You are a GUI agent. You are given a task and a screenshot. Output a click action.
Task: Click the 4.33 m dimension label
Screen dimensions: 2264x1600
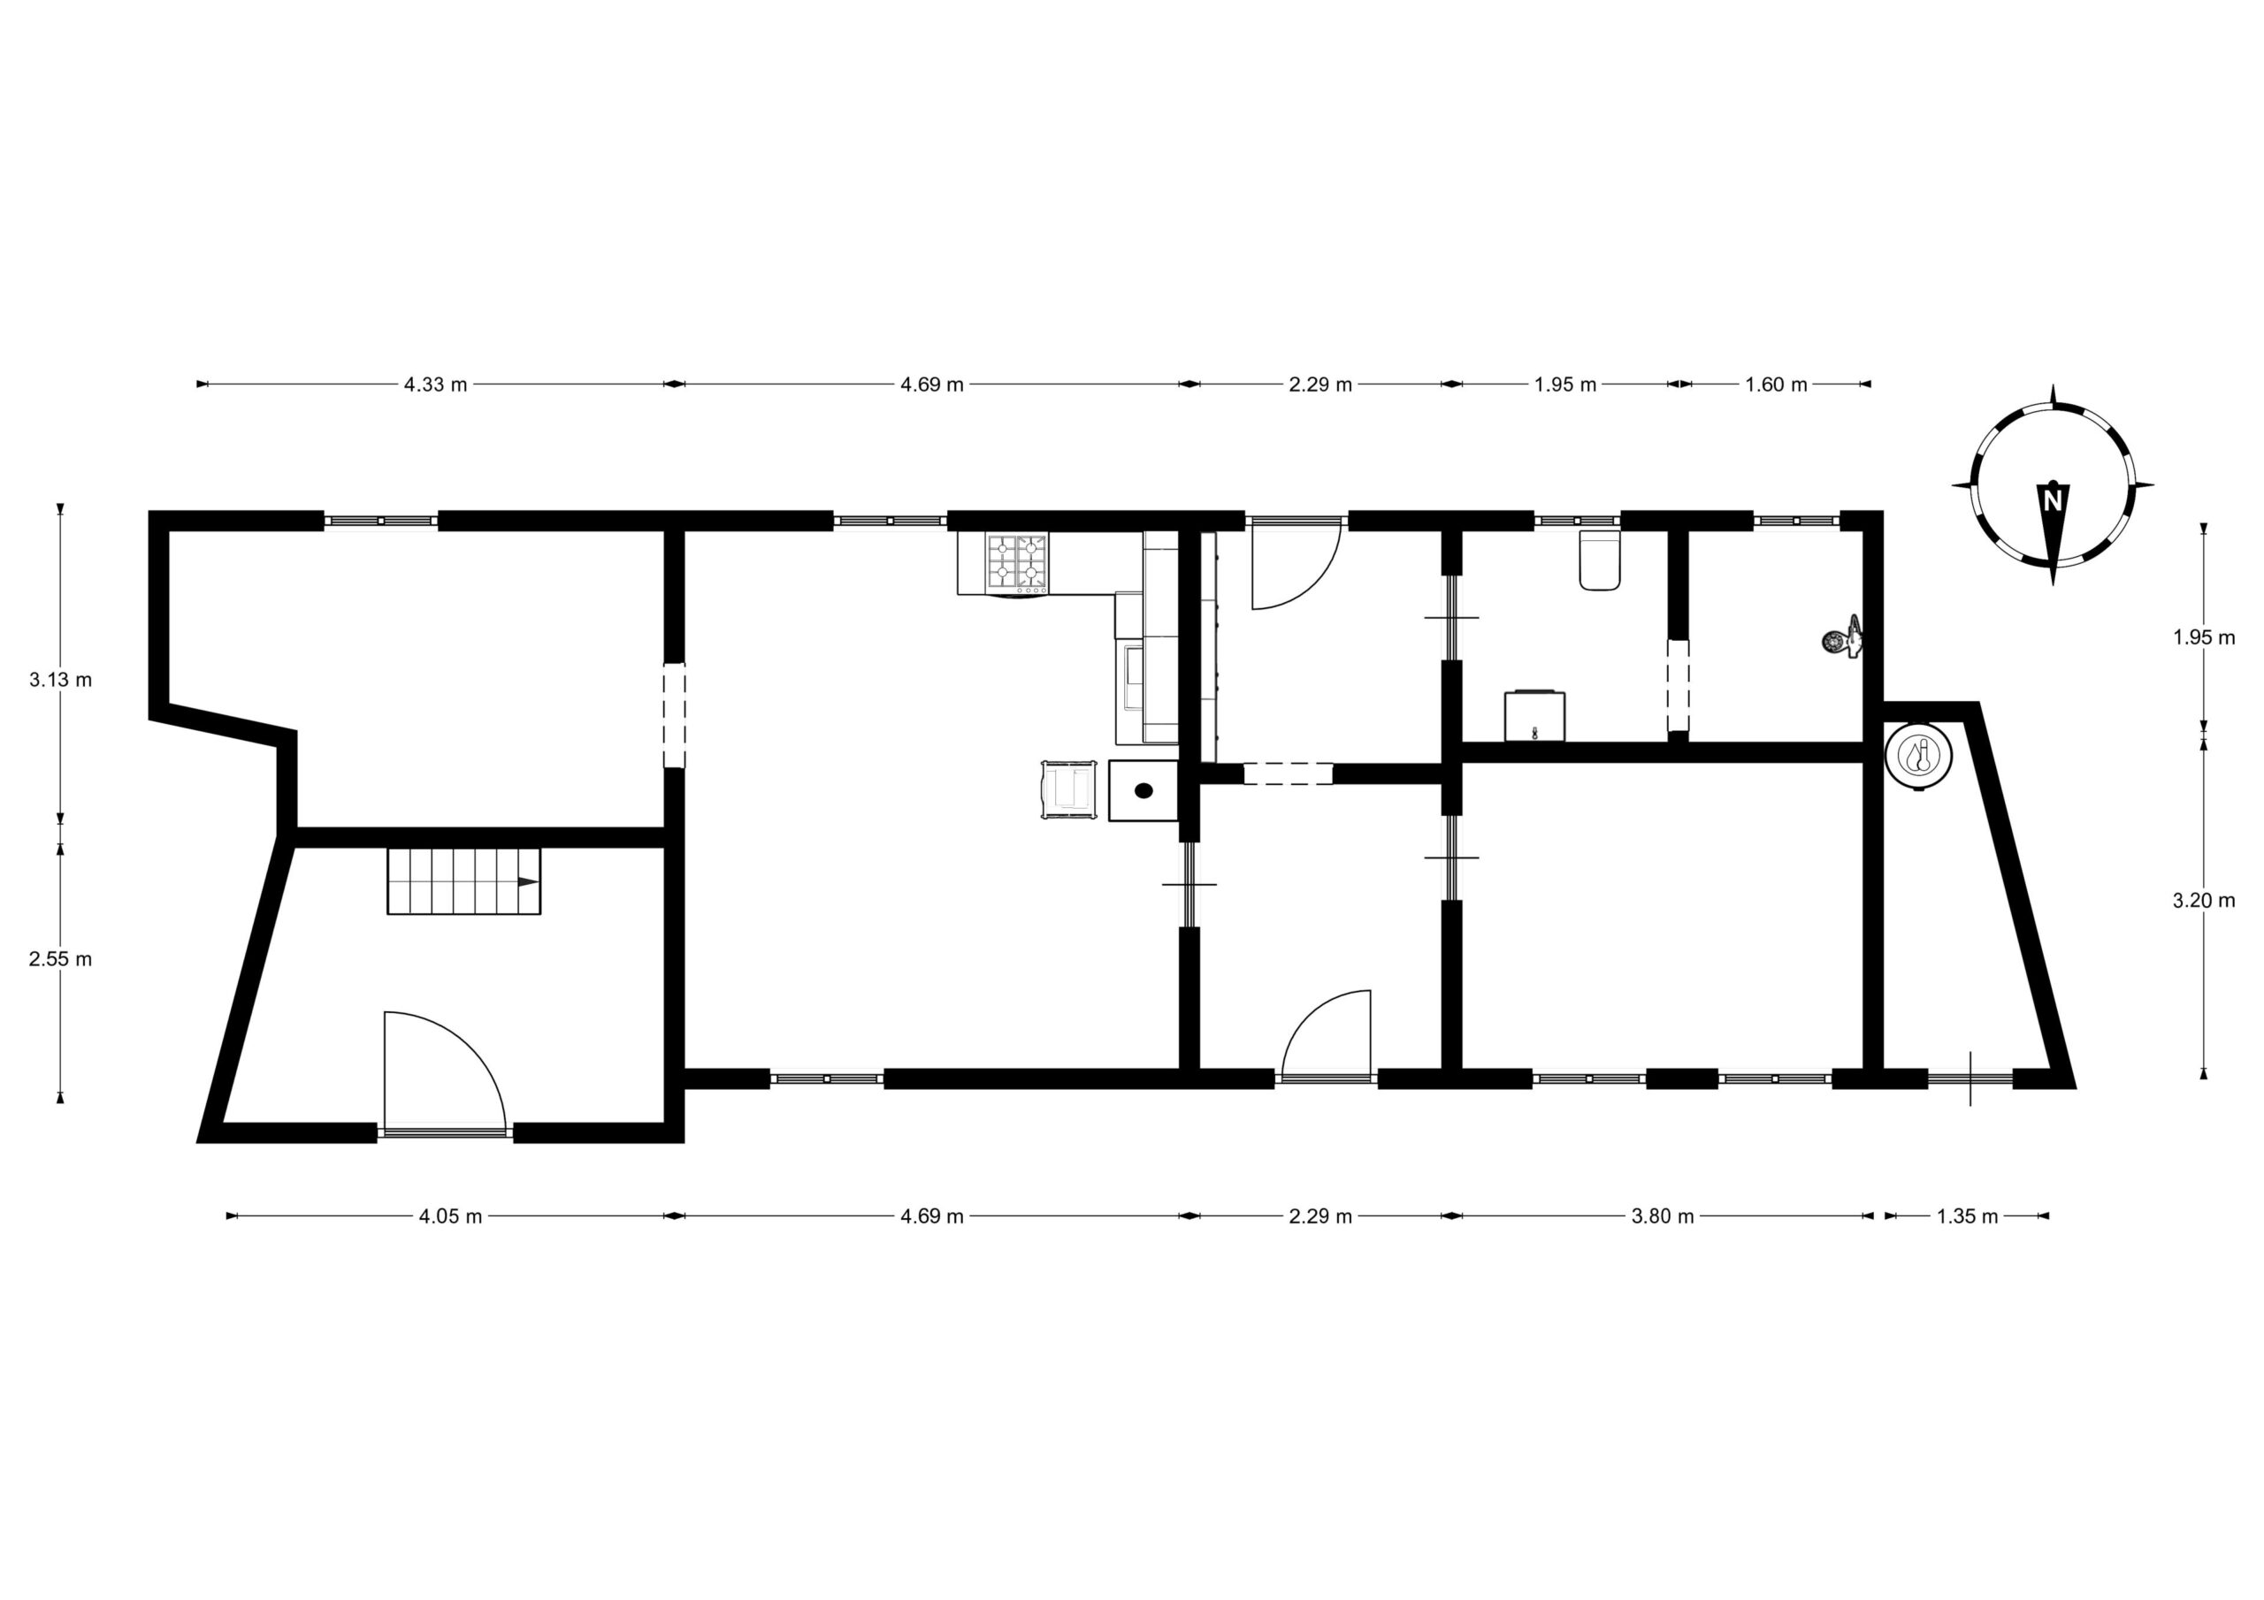tap(435, 385)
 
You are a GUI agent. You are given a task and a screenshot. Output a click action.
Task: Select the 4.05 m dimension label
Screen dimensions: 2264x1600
tap(451, 1216)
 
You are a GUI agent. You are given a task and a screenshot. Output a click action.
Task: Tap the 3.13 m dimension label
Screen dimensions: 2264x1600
tap(60, 679)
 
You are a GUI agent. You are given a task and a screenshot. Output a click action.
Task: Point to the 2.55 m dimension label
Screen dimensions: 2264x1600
tap(60, 958)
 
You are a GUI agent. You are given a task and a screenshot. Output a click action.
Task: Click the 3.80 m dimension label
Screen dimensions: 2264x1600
tap(1663, 1216)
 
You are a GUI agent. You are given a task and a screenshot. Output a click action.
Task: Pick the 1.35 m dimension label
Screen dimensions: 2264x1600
tap(1967, 1216)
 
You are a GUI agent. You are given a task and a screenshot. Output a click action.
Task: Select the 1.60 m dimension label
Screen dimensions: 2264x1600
tap(1776, 385)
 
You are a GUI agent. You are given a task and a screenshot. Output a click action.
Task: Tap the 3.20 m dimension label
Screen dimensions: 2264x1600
tap(2204, 900)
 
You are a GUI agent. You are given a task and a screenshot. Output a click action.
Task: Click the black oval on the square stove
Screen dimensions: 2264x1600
tap(1143, 789)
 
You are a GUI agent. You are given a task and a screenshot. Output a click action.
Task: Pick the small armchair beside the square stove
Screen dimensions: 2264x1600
tap(1069, 789)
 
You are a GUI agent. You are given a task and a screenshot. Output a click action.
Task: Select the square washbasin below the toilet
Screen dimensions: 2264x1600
tap(1534, 715)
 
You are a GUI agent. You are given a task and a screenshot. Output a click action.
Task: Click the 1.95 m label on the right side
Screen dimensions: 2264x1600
tap(2204, 636)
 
